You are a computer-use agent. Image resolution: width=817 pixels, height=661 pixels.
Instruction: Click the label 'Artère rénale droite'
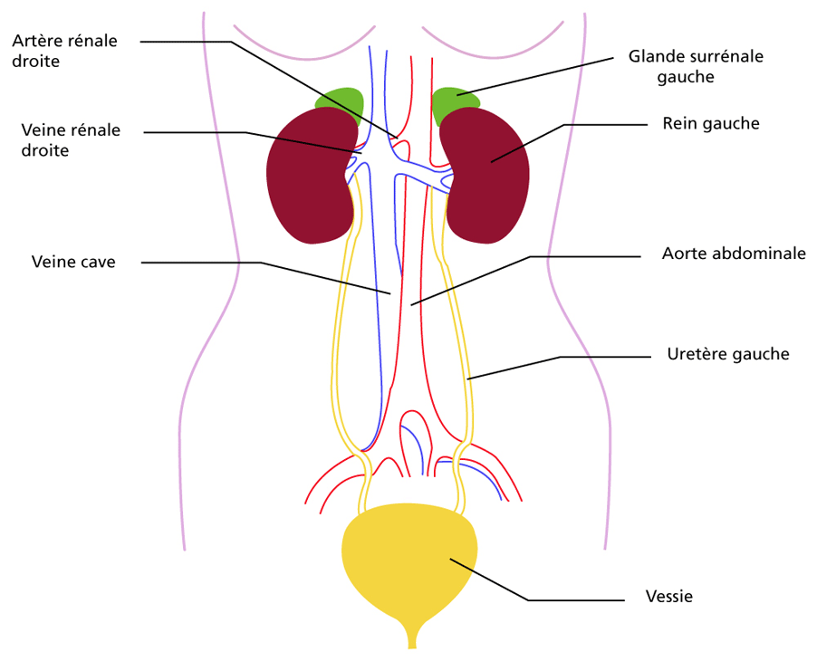[64, 51]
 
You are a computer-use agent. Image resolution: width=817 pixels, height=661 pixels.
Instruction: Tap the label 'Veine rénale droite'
[71, 140]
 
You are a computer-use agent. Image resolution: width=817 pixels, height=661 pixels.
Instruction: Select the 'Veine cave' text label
[73, 262]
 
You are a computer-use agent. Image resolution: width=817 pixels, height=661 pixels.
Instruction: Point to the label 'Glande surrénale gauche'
[696, 66]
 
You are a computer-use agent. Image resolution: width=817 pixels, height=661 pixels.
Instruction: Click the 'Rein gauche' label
[711, 123]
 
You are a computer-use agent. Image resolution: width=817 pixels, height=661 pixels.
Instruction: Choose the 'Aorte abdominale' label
[734, 254]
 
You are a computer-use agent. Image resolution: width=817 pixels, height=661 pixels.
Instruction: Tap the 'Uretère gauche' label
[728, 354]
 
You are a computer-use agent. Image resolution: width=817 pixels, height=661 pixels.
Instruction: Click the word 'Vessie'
[669, 596]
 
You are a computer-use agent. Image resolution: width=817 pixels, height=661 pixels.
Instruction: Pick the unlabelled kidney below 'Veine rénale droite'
[312, 175]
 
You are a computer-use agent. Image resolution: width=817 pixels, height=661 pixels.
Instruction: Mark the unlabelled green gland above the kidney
[341, 105]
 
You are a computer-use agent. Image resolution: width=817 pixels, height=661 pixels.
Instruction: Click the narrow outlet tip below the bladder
[412, 647]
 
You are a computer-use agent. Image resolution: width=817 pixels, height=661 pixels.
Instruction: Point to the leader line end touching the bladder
[451, 559]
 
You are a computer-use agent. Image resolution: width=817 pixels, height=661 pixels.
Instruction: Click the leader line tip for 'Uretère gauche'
[467, 379]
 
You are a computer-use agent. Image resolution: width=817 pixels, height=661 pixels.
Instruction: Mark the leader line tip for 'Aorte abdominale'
[411, 305]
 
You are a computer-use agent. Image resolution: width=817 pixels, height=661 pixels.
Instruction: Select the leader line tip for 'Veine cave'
[390, 293]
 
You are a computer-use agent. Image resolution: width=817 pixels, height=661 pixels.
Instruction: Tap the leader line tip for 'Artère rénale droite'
[398, 138]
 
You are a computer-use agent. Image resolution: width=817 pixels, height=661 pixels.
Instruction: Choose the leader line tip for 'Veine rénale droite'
[361, 153]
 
